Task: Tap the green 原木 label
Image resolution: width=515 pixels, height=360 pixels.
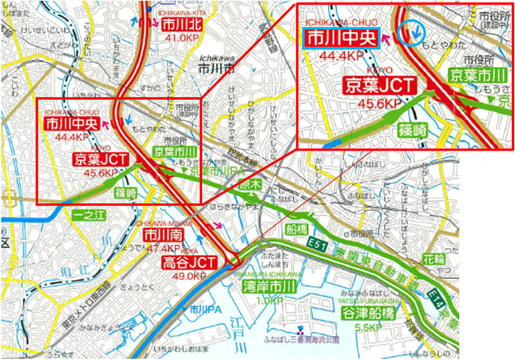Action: [x=248, y=185]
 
